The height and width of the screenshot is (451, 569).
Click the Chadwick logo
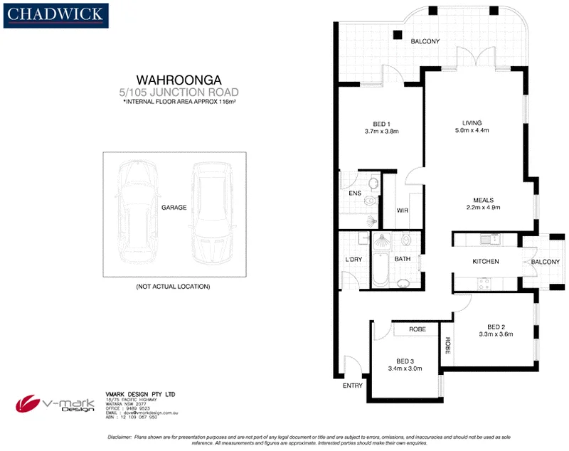(x=55, y=14)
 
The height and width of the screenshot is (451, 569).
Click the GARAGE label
(x=174, y=208)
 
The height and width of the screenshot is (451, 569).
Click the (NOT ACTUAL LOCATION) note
(x=173, y=286)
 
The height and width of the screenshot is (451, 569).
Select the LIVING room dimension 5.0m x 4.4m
(x=472, y=131)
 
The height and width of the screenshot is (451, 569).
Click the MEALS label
(x=483, y=200)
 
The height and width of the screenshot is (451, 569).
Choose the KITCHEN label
(x=486, y=262)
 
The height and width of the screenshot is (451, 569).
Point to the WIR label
(x=402, y=211)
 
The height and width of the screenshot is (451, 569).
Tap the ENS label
(x=354, y=193)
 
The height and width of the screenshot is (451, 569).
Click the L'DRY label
(x=353, y=260)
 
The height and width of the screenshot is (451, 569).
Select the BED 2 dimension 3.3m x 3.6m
(x=496, y=334)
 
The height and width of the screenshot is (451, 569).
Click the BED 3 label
(x=405, y=360)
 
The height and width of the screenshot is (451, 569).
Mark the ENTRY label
(x=352, y=386)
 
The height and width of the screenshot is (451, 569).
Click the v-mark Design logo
(x=55, y=403)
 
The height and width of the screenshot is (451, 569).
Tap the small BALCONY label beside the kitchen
(x=546, y=262)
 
